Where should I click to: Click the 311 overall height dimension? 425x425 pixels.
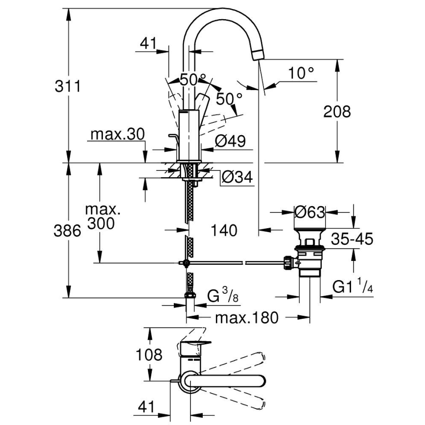67,86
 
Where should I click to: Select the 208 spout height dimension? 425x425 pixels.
337,112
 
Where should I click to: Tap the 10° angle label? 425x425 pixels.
301,73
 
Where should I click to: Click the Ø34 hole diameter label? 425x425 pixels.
236,177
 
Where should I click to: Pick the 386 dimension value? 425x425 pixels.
67,231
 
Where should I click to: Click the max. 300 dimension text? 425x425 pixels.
101,217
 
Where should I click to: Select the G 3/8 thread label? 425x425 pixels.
220,297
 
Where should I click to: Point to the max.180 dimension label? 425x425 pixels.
247,318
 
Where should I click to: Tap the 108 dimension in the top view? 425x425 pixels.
148,354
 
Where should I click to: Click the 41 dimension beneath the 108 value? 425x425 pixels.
147,406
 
